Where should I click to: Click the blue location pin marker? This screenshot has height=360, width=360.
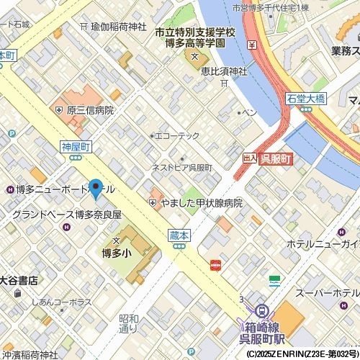96,187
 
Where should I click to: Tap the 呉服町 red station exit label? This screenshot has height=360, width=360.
275,159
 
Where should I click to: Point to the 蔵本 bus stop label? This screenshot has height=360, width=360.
179,235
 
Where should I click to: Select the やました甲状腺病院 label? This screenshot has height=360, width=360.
201,203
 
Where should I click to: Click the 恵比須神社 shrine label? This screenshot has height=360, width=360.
224,71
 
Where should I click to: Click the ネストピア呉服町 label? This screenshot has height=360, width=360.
181,167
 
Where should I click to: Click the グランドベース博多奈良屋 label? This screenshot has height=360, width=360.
66,215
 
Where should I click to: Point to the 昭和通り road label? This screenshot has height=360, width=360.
128,323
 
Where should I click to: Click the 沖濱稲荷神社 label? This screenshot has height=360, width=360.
29,354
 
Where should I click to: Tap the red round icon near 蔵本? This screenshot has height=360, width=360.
215,265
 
